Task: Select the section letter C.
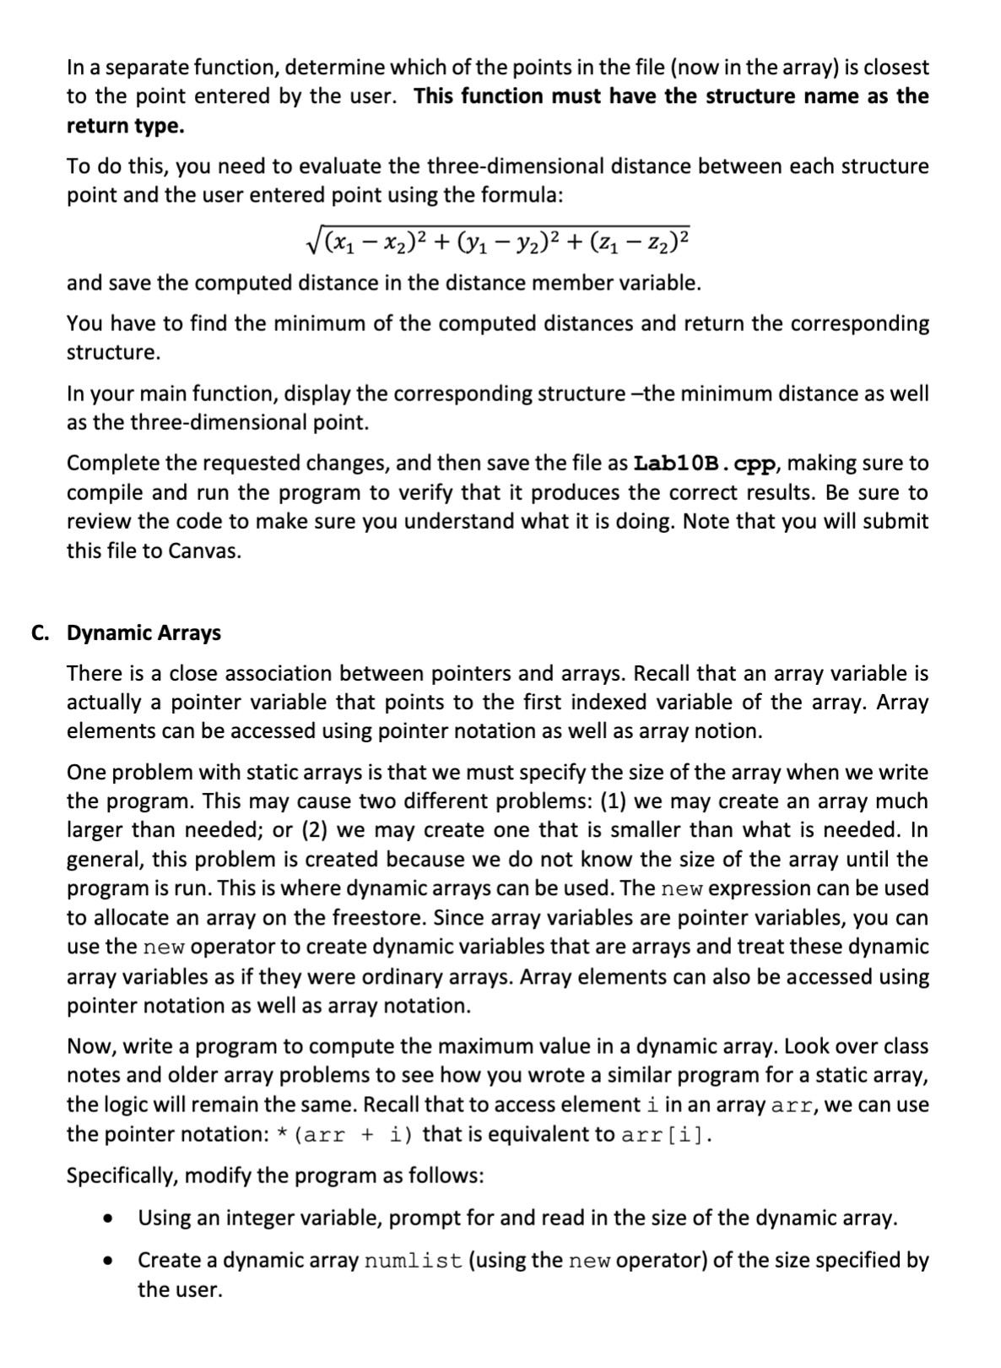click(x=39, y=632)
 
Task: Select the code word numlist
click(x=413, y=1262)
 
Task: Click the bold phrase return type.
click(x=125, y=126)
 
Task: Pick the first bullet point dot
click(x=107, y=1219)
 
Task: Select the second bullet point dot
click(x=107, y=1262)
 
